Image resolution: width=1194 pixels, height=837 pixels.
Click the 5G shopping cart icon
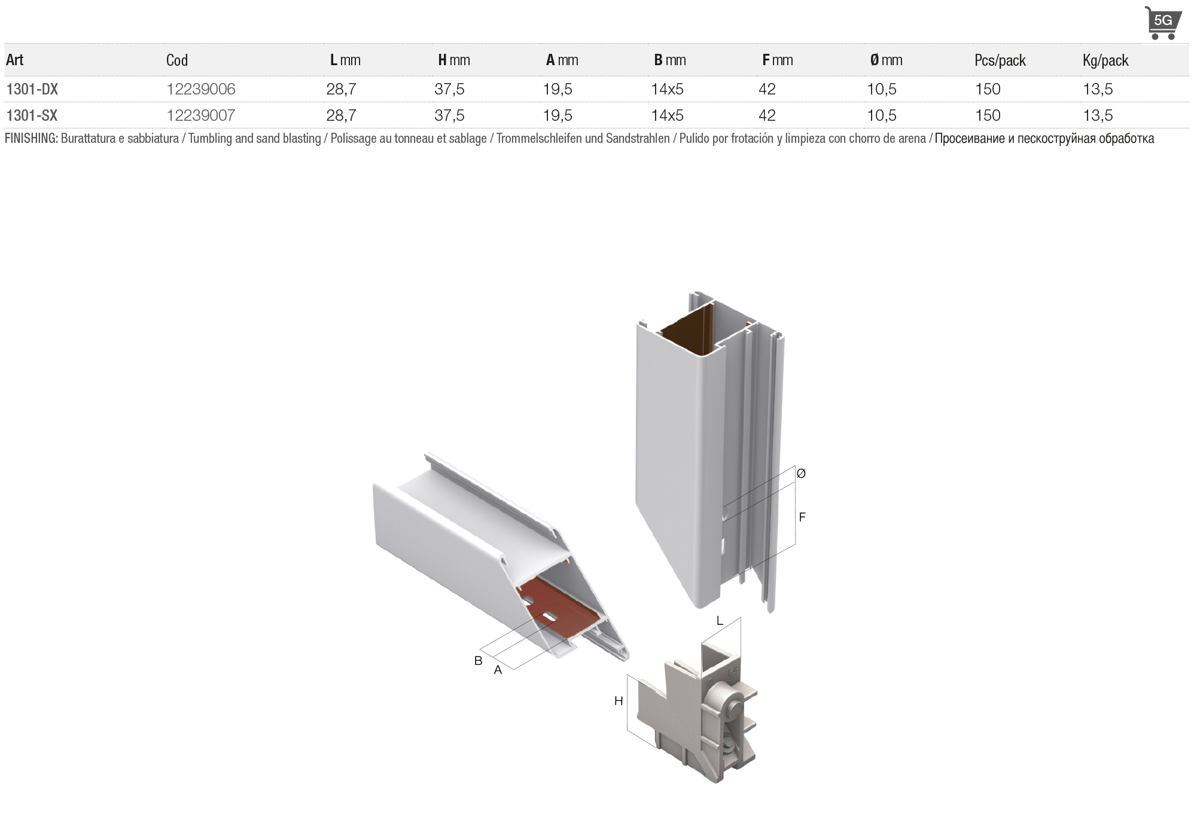1163,23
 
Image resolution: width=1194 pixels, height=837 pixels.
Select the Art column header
15,60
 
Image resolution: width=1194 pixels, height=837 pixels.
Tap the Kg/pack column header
1105,60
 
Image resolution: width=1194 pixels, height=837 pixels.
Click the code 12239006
201,89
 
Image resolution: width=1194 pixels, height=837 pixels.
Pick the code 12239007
201,115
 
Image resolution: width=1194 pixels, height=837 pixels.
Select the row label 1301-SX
32,115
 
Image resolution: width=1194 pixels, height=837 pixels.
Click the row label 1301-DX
32,89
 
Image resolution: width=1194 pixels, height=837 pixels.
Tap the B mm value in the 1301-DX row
667,89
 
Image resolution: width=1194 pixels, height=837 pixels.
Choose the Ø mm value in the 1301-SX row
882,115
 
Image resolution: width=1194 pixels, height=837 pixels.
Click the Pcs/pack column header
1000,60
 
